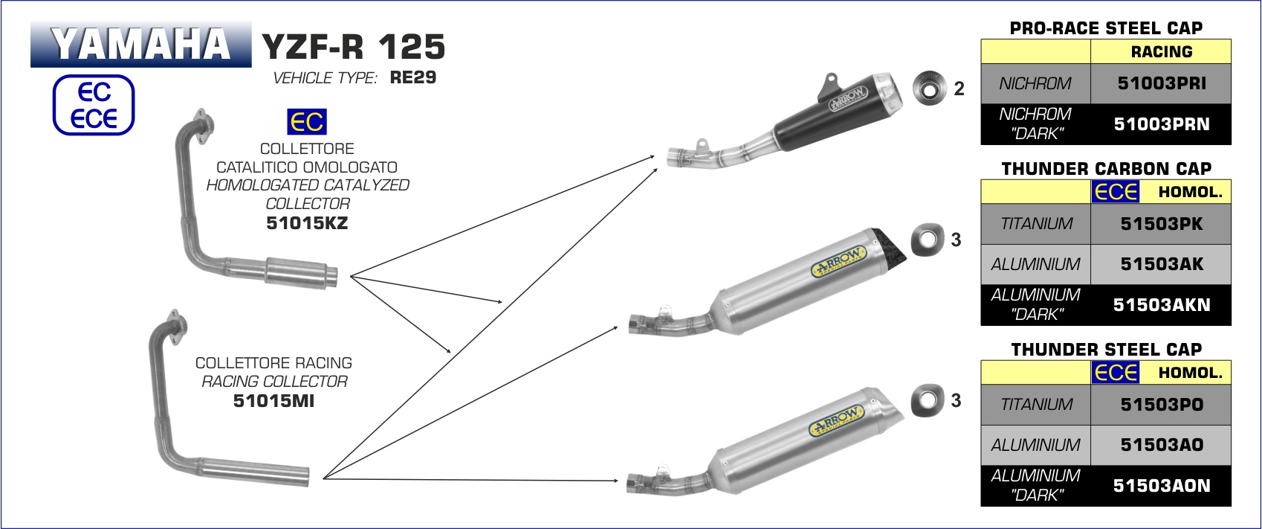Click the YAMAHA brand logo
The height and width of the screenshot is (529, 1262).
[141, 44]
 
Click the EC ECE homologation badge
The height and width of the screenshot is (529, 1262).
[94, 105]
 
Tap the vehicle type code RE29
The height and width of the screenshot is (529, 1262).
[413, 77]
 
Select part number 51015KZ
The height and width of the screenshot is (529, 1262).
[307, 223]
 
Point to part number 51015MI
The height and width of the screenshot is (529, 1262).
[274, 401]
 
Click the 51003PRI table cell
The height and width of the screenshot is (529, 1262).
[1161, 83]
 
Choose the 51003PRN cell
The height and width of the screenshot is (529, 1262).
[1161, 124]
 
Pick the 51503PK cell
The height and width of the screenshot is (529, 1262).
[1161, 224]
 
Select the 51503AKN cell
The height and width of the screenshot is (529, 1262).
[1161, 305]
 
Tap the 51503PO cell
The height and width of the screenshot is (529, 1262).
[1161, 404]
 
